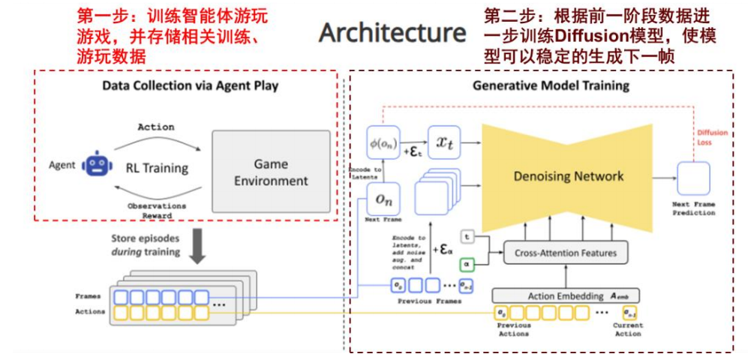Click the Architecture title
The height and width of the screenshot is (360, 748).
coord(392,33)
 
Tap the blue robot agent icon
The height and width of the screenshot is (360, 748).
coord(95,163)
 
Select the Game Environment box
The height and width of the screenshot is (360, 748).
coord(271,172)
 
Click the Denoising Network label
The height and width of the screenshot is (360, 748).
coord(569,176)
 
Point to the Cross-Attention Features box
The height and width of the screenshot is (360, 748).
coord(566,253)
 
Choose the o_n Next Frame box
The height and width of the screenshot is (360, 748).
coord(383,198)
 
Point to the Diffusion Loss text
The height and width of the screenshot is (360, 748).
coord(713,137)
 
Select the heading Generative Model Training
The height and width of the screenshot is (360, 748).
coord(551,85)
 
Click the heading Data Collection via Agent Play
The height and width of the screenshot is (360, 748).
coord(190,85)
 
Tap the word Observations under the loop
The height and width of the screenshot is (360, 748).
coord(156,205)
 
